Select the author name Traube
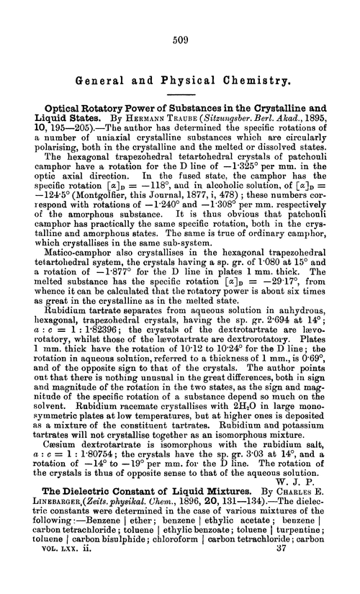(174, 130)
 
